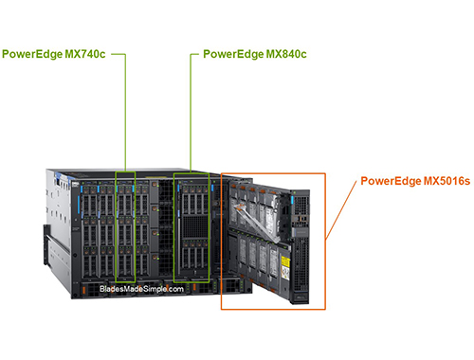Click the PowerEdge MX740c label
pyautogui.click(x=56, y=55)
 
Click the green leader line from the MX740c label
pyautogui.click(x=125, y=114)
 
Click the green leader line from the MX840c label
pyautogui.click(x=191, y=114)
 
